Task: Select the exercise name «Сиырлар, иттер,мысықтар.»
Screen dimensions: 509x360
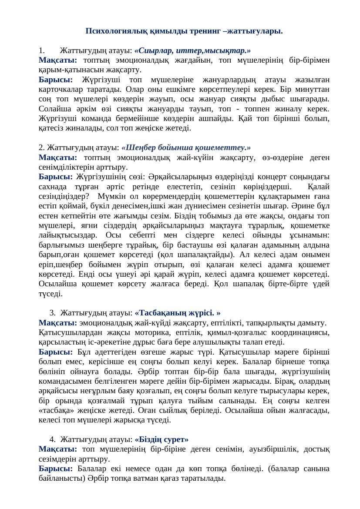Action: point(192,50)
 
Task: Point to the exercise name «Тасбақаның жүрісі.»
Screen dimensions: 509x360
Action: point(178,313)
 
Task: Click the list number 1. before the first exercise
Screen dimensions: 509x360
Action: point(41,50)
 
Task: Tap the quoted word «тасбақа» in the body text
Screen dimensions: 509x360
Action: point(56,411)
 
